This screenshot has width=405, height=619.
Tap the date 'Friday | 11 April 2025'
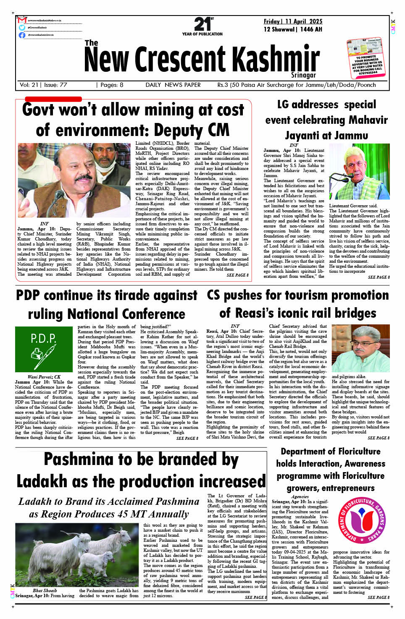(293, 21)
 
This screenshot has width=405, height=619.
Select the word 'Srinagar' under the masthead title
(303, 75)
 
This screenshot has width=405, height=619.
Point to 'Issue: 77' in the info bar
(55, 85)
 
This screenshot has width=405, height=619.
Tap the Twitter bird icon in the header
(22, 27)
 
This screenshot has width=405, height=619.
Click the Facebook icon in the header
(22, 35)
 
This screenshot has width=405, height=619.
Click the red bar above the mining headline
(53, 99)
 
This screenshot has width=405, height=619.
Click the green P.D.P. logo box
(44, 349)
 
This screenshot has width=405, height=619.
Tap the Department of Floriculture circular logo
(361, 520)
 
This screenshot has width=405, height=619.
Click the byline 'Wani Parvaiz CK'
(44, 377)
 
